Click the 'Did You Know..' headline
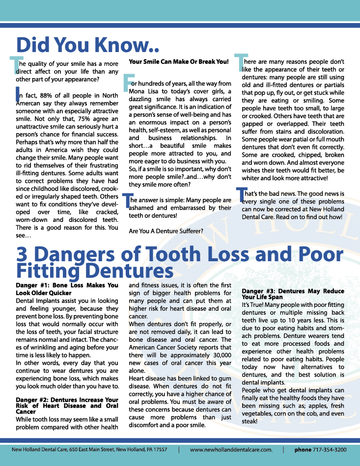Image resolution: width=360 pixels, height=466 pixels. pos(88,45)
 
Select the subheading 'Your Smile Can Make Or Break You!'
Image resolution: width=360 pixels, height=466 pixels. pos(179,62)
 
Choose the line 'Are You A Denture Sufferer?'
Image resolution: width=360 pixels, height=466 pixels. pos(166,231)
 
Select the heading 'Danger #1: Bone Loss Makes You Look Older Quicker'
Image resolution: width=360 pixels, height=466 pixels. pos(67,288)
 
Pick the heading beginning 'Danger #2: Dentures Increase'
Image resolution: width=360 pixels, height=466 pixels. pos(67,406)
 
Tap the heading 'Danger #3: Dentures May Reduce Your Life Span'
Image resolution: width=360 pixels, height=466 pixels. pos(293,294)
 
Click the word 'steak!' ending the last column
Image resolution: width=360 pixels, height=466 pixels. pos(249,421)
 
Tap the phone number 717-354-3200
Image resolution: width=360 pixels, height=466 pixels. pos(331,450)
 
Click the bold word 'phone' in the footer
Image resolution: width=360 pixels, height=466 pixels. pos(303,450)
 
